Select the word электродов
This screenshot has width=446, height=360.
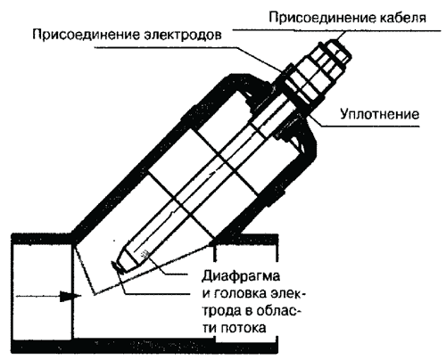pos(183,35)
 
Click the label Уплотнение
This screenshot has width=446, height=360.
pos(379,114)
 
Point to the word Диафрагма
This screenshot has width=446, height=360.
pos(241,276)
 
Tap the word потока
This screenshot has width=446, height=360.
pos(244,328)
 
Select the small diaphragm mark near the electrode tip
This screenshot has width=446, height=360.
pos(145,253)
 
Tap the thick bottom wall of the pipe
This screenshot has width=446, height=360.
pos(145,346)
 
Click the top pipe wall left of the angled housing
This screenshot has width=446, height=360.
pos(42,239)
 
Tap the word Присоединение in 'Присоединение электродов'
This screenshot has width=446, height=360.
pos(87,35)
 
